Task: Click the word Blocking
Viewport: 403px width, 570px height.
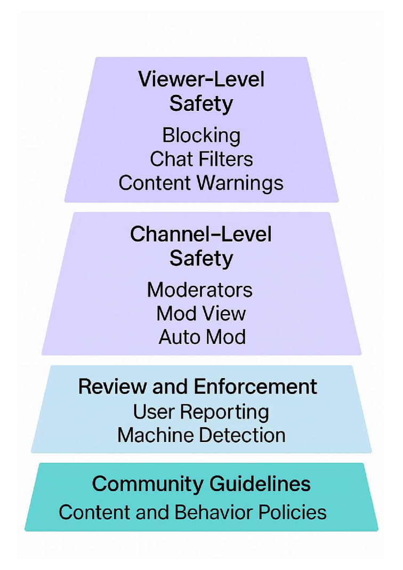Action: tap(201, 135)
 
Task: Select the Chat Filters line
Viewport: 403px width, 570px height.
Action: tap(201, 159)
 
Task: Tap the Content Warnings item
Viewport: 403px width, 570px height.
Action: tap(201, 183)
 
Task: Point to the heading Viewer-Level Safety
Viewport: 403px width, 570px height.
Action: tap(201, 91)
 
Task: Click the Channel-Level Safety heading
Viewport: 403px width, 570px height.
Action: tap(201, 246)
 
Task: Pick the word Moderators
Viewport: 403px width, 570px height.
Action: tap(200, 290)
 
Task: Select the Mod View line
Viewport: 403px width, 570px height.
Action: tap(201, 314)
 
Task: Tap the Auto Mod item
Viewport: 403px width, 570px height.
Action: tap(202, 337)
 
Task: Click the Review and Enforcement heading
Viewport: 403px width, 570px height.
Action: tap(198, 387)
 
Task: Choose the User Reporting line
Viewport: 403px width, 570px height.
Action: tap(201, 412)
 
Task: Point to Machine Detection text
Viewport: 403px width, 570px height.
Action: tap(201, 435)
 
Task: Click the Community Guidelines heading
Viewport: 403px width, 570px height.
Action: tap(201, 484)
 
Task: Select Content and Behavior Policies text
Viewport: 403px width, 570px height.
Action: tap(192, 512)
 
